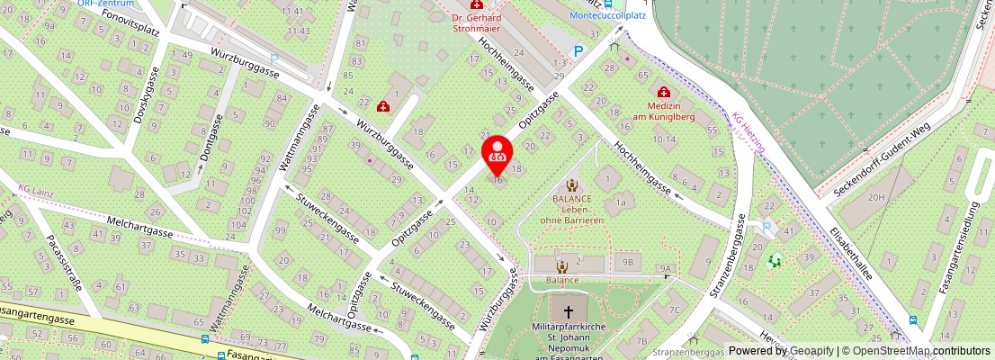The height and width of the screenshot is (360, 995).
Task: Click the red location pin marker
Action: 497,155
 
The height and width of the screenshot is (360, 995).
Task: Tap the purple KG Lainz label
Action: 36,191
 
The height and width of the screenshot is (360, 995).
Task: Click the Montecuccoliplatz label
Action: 608,15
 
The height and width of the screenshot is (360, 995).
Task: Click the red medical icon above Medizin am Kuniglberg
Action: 664,92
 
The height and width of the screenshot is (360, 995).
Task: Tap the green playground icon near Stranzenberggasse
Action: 774,261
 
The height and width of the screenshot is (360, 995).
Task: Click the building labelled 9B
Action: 627,263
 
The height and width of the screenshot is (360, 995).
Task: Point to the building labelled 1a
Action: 621,203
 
